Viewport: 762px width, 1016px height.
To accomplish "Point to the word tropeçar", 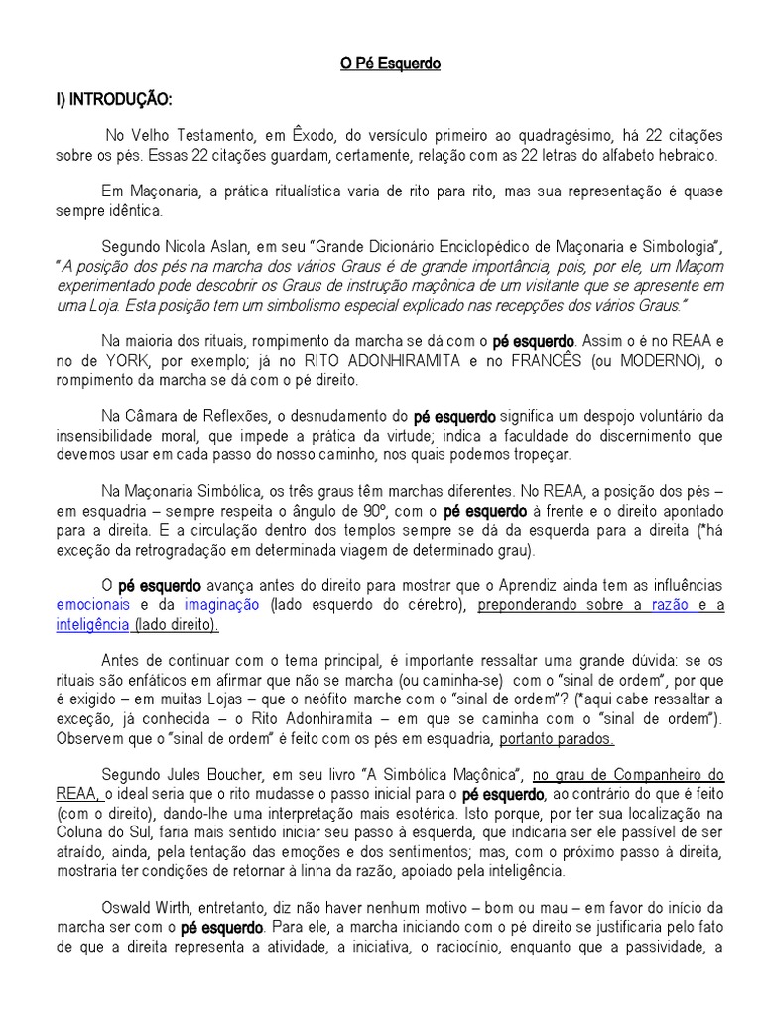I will (x=543, y=455).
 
